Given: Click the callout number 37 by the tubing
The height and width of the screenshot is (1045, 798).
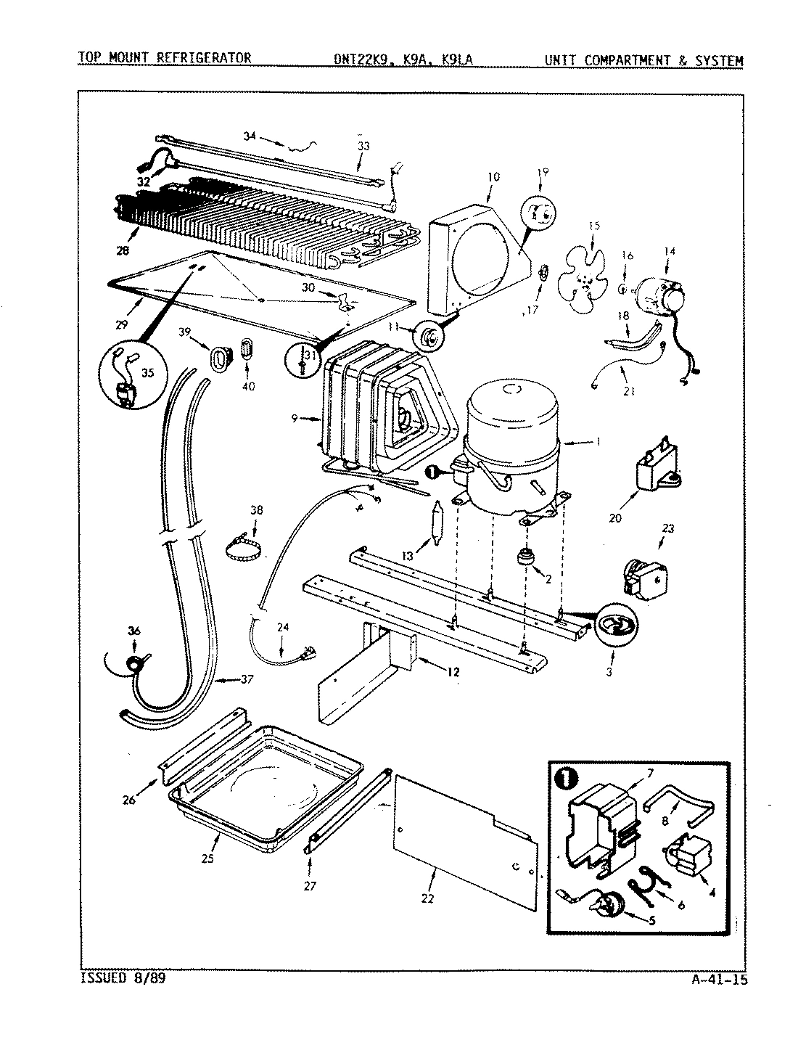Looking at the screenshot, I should click(247, 679).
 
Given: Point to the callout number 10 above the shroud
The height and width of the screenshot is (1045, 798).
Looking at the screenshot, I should click(493, 176).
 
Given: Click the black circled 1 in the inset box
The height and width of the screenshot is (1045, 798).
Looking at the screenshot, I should click(565, 780).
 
